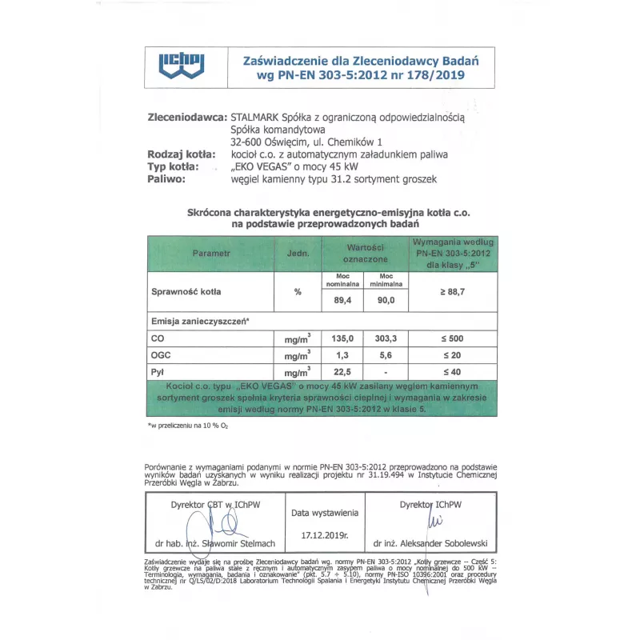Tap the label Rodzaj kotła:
(182, 154)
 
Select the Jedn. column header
(297, 253)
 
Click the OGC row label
(162, 355)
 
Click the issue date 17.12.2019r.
(324, 534)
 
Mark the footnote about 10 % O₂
(188, 426)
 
